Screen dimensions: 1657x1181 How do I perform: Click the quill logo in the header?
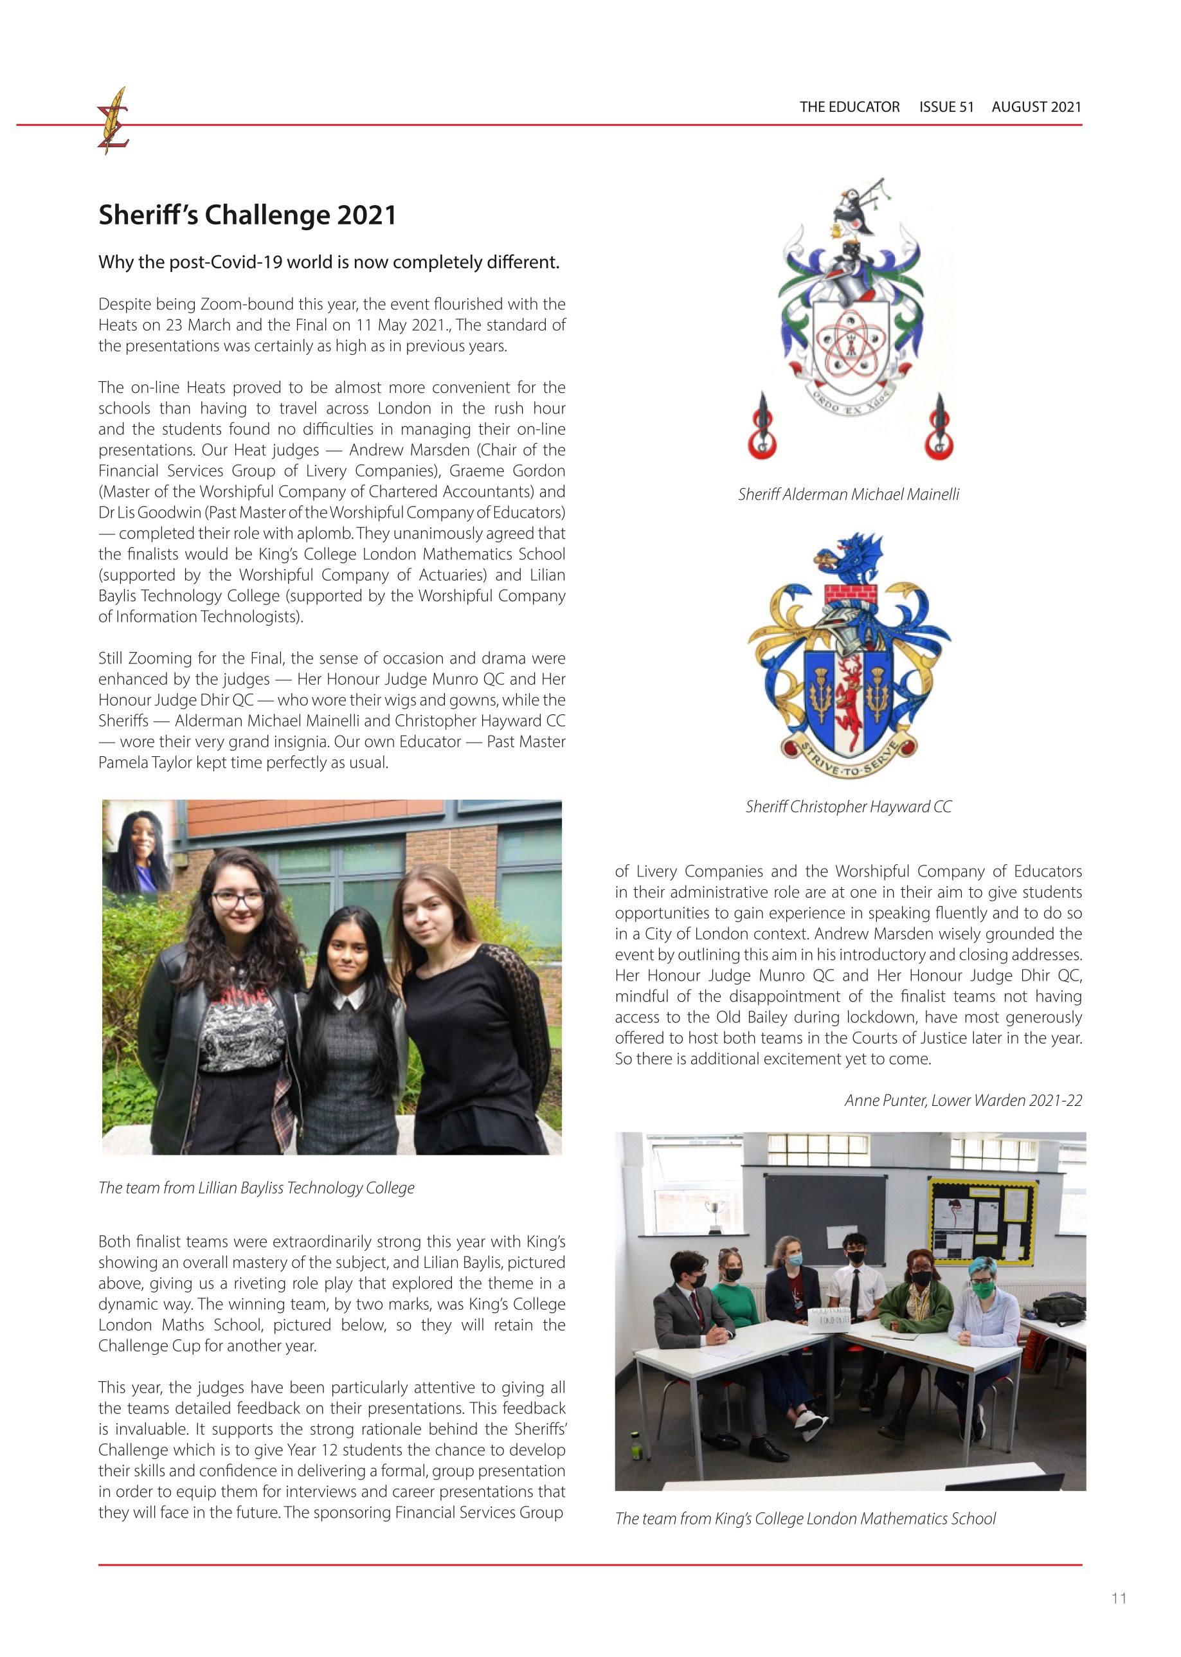[x=113, y=121]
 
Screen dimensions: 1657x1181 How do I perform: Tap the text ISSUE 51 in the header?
[x=946, y=107]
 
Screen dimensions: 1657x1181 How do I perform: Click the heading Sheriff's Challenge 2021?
[x=248, y=215]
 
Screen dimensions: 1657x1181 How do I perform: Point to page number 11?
[x=1119, y=1598]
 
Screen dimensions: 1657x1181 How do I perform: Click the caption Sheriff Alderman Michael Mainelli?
[x=848, y=494]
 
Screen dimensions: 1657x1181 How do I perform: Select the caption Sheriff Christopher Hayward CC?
[x=848, y=807]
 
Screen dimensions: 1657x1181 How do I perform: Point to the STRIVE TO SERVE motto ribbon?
[x=848, y=760]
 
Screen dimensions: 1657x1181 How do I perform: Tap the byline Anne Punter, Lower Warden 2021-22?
[x=963, y=1101]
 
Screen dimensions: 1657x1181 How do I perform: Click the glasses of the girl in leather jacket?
[x=238, y=900]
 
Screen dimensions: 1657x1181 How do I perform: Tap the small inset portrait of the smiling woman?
[x=140, y=844]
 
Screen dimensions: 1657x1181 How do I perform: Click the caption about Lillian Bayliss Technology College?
[x=256, y=1188]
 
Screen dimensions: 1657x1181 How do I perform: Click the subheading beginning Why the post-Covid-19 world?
[x=329, y=262]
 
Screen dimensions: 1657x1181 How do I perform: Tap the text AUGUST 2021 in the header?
[x=1036, y=107]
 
